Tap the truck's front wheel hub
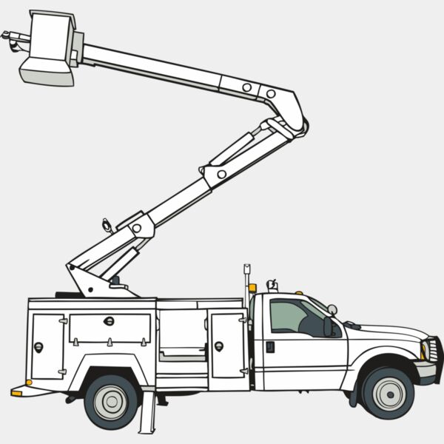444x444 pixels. (x=388, y=392)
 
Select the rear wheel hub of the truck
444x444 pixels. (x=112, y=401)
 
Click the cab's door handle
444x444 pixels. (x=270, y=346)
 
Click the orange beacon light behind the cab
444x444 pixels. (x=252, y=287)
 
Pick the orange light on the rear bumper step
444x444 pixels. (x=16, y=393)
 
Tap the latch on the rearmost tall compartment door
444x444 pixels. (x=38, y=346)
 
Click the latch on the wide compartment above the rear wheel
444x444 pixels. (x=109, y=321)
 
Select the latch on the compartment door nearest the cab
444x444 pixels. (x=219, y=346)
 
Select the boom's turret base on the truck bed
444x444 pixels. (x=96, y=280)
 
